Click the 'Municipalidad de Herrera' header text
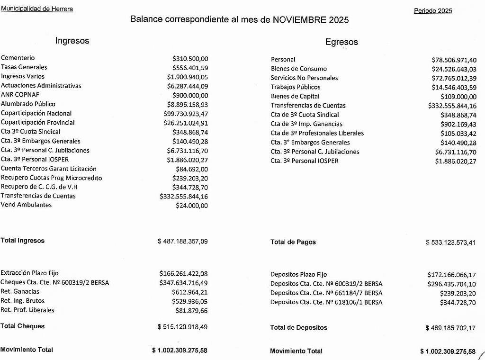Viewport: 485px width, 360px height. (37, 9)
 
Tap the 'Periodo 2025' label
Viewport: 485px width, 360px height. (433, 11)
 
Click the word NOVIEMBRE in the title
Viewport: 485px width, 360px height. (301, 20)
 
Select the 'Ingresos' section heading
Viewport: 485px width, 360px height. (72, 41)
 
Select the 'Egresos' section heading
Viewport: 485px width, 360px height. (341, 42)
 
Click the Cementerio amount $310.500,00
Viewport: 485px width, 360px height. (190, 59)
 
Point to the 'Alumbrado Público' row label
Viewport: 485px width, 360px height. (28, 104)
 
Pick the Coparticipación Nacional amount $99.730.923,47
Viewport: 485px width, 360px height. (186, 114)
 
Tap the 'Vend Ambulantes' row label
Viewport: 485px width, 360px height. (27, 205)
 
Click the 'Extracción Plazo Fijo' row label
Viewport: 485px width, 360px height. (29, 273)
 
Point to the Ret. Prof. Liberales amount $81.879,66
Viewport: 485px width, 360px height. (191, 311)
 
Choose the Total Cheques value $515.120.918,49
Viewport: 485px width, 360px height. (182, 327)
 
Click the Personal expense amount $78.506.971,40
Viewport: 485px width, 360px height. (454, 60)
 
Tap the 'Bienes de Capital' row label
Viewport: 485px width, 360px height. (295, 96)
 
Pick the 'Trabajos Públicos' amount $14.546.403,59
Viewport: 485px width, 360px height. (454, 88)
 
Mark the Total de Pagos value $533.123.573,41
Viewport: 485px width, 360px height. (451, 243)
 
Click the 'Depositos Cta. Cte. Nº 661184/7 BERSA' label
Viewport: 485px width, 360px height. (326, 293)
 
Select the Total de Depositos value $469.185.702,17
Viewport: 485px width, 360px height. (450, 328)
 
